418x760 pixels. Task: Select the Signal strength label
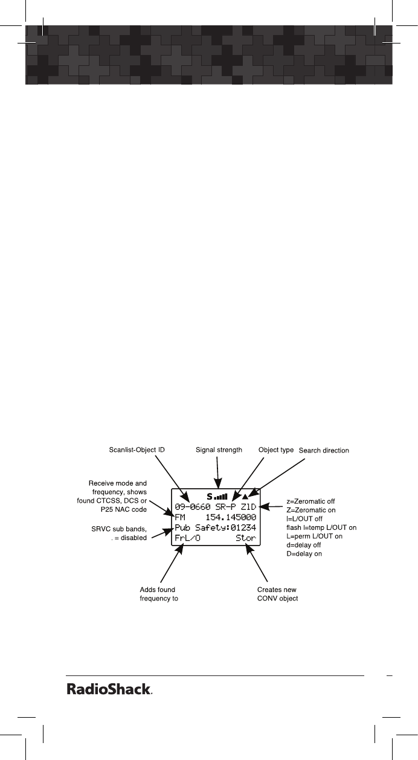219,450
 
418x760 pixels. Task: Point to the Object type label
275,450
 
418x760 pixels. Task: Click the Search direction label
324,451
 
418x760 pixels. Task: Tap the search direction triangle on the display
245,497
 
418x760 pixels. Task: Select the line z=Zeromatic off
310,501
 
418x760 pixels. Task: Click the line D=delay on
303,553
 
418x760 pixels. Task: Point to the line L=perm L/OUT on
314,536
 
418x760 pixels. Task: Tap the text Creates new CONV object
278,594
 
